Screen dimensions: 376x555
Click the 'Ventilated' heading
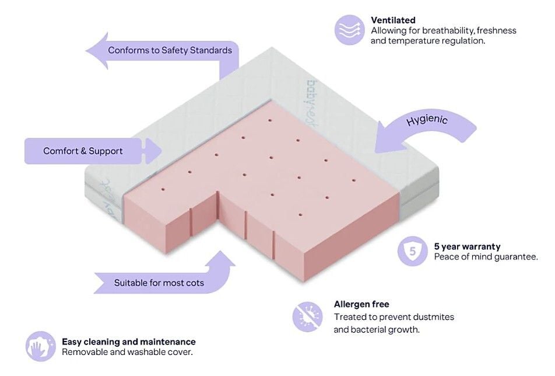pyautogui.click(x=393, y=20)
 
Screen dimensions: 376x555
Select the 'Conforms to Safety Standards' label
pyautogui.click(x=170, y=50)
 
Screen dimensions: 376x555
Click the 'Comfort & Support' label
pyautogui.click(x=83, y=151)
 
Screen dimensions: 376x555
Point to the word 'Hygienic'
pyautogui.click(x=427, y=120)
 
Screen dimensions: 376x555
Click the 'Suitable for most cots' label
pyautogui.click(x=159, y=283)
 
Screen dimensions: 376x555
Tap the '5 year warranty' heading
pyautogui.click(x=467, y=246)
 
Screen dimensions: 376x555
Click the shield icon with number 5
pyautogui.click(x=413, y=252)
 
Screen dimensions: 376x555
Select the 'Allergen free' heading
pyautogui.click(x=361, y=304)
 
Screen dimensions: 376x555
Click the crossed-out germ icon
pyautogui.click(x=307, y=316)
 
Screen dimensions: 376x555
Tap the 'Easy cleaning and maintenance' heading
pyautogui.click(x=128, y=342)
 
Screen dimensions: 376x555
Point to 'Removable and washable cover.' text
pyautogui.click(x=127, y=352)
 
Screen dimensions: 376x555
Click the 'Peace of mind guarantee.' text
pyautogui.click(x=486, y=257)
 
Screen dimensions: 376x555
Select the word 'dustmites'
pyautogui.click(x=432, y=317)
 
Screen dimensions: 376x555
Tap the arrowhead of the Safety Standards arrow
pyautogui.click(x=96, y=51)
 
